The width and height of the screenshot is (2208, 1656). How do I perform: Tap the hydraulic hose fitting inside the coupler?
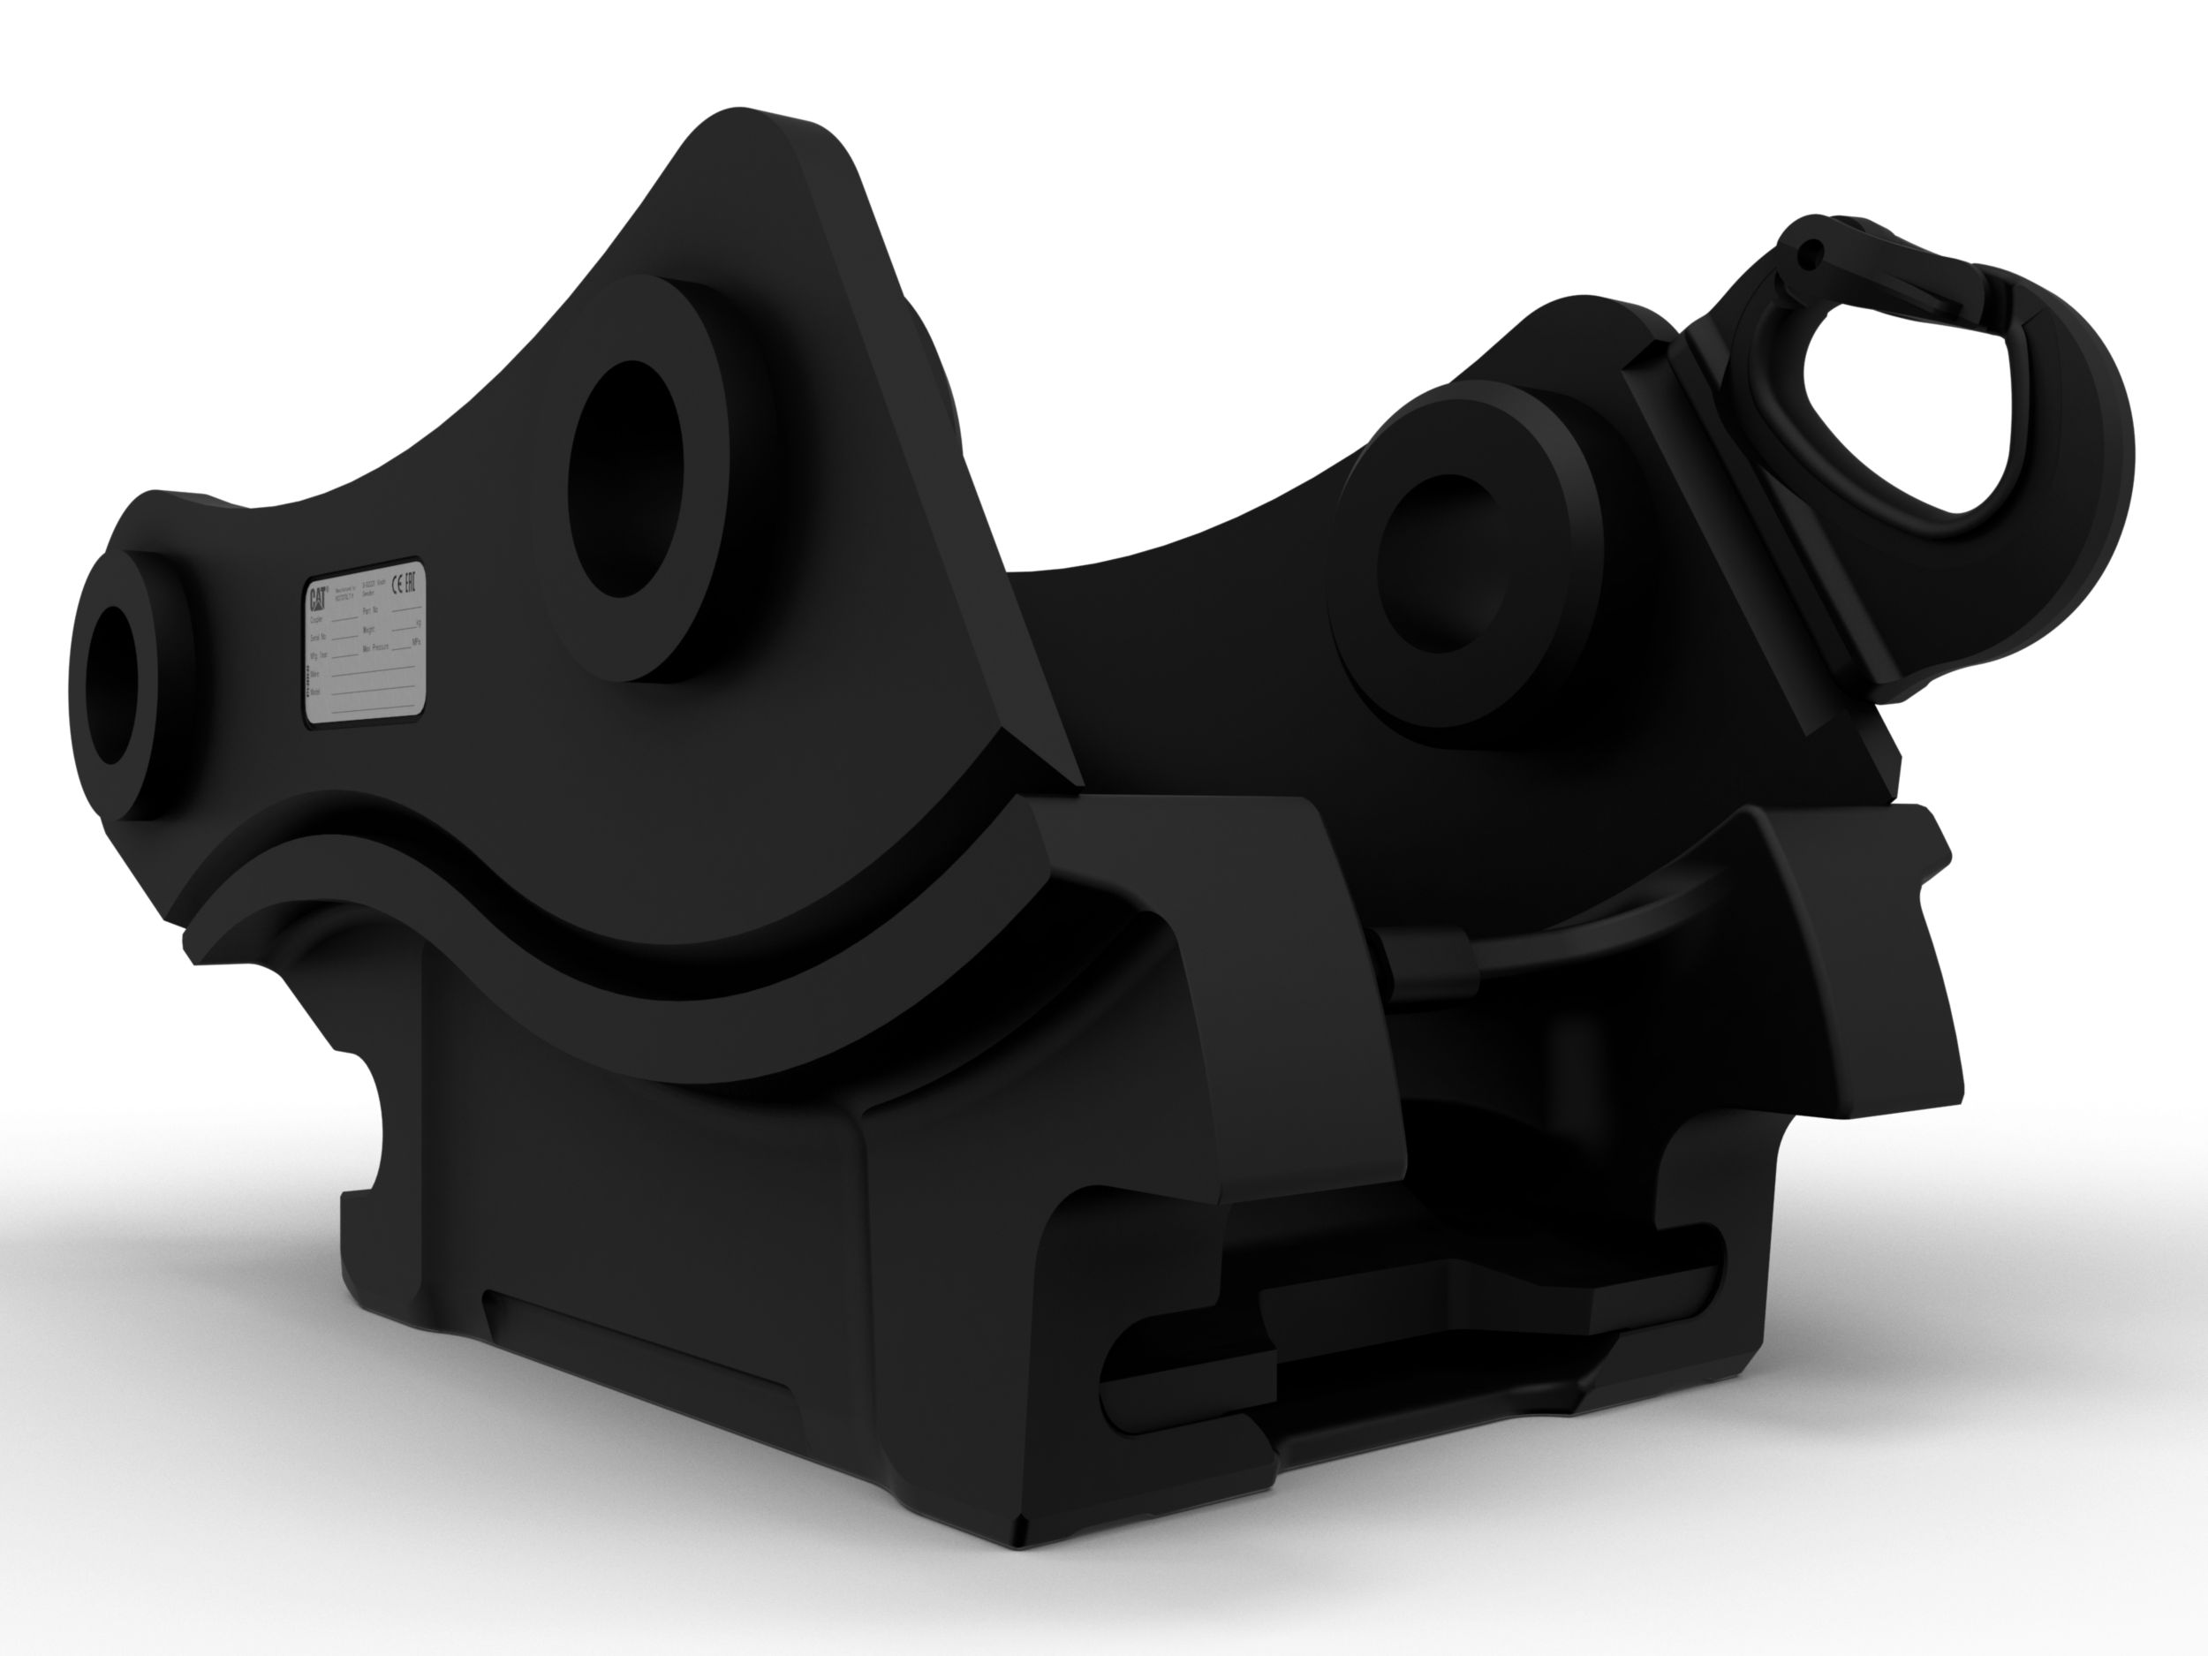(x=1427, y=964)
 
